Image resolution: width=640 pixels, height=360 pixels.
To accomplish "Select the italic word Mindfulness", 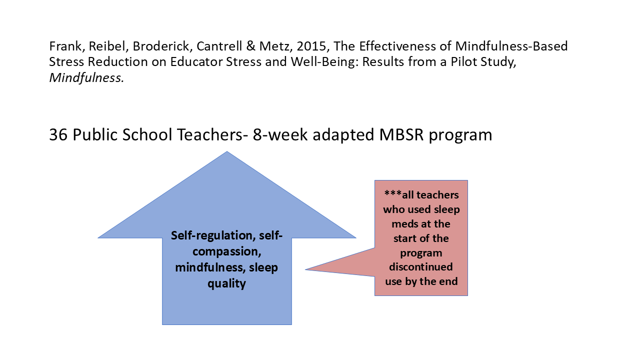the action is click(86, 77).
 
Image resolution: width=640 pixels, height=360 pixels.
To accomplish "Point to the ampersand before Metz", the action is click(250, 46).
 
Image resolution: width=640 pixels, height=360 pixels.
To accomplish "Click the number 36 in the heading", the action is click(58, 134).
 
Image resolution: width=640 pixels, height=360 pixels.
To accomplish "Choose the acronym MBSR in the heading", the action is click(401, 134).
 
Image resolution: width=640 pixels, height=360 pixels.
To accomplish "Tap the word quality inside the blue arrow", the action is click(227, 283).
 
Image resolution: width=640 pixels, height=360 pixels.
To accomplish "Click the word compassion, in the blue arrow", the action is click(227, 251).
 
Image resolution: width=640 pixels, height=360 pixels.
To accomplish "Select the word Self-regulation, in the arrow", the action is click(213, 235).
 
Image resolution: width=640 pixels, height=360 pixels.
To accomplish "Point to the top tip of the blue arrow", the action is click(227, 151).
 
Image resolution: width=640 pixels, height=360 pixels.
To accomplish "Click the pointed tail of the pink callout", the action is click(305, 269).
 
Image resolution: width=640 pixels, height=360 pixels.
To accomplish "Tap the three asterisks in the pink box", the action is click(393, 194).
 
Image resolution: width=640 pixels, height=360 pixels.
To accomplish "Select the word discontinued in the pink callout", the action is click(421, 267).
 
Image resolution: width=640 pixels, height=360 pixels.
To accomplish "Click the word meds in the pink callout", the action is click(403, 224).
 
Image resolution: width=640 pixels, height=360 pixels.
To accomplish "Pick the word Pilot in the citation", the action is click(464, 61).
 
